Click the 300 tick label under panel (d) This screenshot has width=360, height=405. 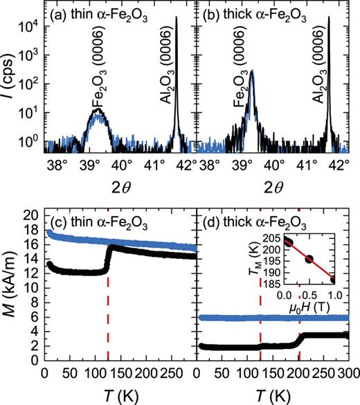tap(348, 375)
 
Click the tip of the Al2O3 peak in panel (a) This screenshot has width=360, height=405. tap(177, 18)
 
